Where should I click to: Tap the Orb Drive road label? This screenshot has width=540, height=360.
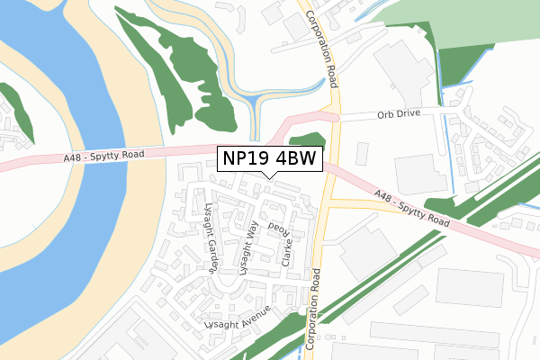[x=398, y=115]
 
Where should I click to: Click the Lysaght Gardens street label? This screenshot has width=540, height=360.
[x=211, y=237]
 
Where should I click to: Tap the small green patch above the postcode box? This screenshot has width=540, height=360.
[x=306, y=139]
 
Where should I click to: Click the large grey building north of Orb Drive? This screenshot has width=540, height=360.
[x=400, y=67]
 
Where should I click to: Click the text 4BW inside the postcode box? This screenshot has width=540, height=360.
[x=295, y=159]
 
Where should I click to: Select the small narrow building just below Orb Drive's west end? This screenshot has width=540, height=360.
[x=363, y=153]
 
